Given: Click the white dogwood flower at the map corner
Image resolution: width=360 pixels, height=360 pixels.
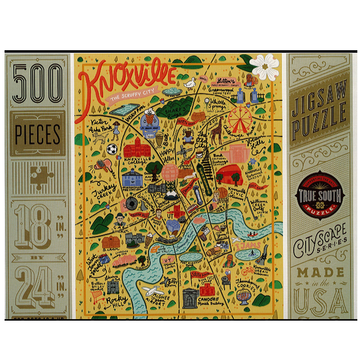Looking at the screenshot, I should point(265,66).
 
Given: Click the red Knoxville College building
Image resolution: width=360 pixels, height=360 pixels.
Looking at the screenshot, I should point(135,148).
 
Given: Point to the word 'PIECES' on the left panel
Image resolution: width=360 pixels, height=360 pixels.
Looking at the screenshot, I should point(38,134).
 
